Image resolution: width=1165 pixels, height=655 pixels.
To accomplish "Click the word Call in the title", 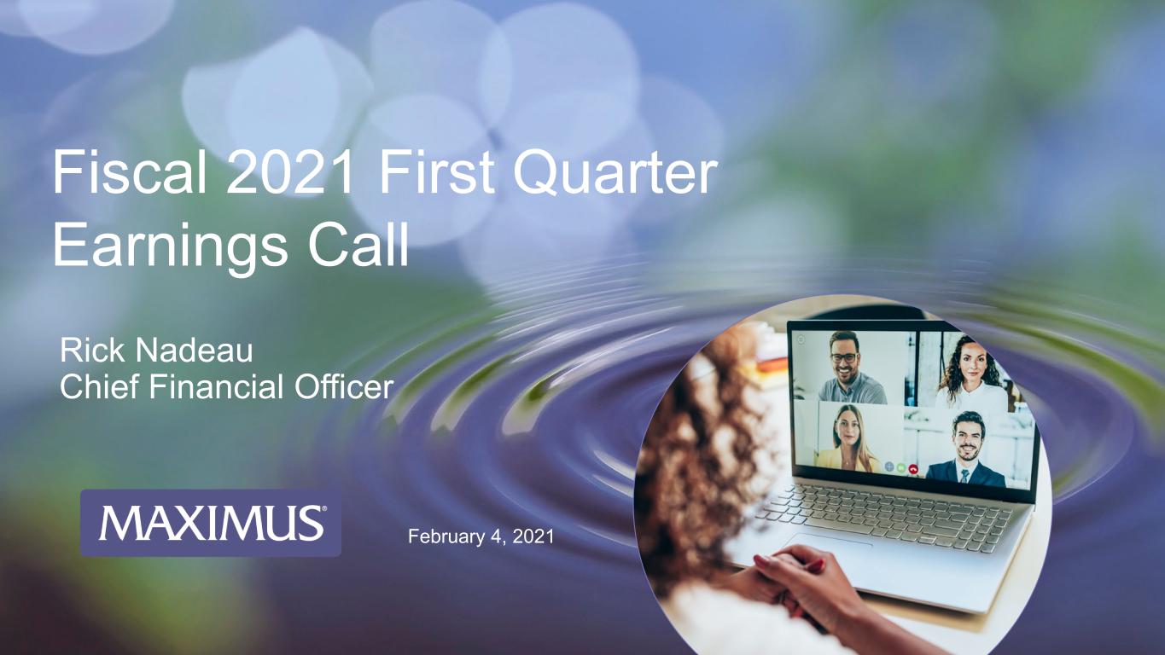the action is click(x=358, y=243).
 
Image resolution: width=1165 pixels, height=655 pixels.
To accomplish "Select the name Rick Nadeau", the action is click(x=156, y=351).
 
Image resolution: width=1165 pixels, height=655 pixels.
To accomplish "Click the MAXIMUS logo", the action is click(x=211, y=523).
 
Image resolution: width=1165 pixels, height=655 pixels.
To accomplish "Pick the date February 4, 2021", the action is click(x=481, y=536).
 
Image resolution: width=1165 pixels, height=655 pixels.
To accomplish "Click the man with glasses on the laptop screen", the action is click(x=852, y=368).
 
